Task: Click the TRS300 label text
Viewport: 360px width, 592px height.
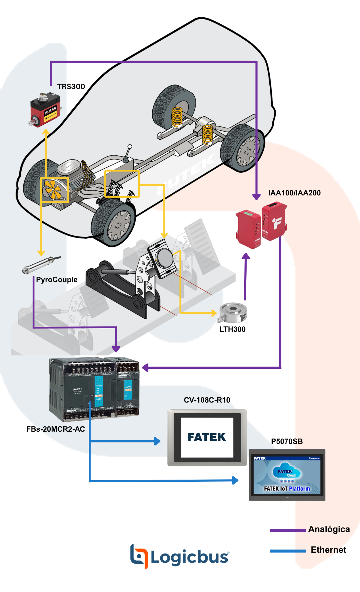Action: click(x=71, y=87)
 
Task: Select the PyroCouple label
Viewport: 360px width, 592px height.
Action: click(x=57, y=280)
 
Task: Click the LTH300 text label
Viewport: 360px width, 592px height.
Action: click(x=232, y=329)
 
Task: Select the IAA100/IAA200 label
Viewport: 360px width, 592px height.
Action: click(x=294, y=193)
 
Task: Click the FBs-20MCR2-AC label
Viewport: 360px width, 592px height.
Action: click(x=55, y=429)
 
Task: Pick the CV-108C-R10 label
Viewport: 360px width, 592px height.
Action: click(x=207, y=400)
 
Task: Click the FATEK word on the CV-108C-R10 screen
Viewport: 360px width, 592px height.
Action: click(x=207, y=437)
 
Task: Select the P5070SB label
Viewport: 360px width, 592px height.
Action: click(x=287, y=442)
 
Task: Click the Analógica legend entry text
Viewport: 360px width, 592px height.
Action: click(x=329, y=529)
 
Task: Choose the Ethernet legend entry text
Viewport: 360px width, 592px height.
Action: click(x=328, y=550)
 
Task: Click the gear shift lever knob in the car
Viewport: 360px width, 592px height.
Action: click(x=130, y=147)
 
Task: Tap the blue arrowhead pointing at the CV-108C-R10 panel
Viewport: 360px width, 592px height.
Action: click(x=157, y=441)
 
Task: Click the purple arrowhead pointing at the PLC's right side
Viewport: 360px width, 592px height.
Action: click(x=145, y=367)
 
